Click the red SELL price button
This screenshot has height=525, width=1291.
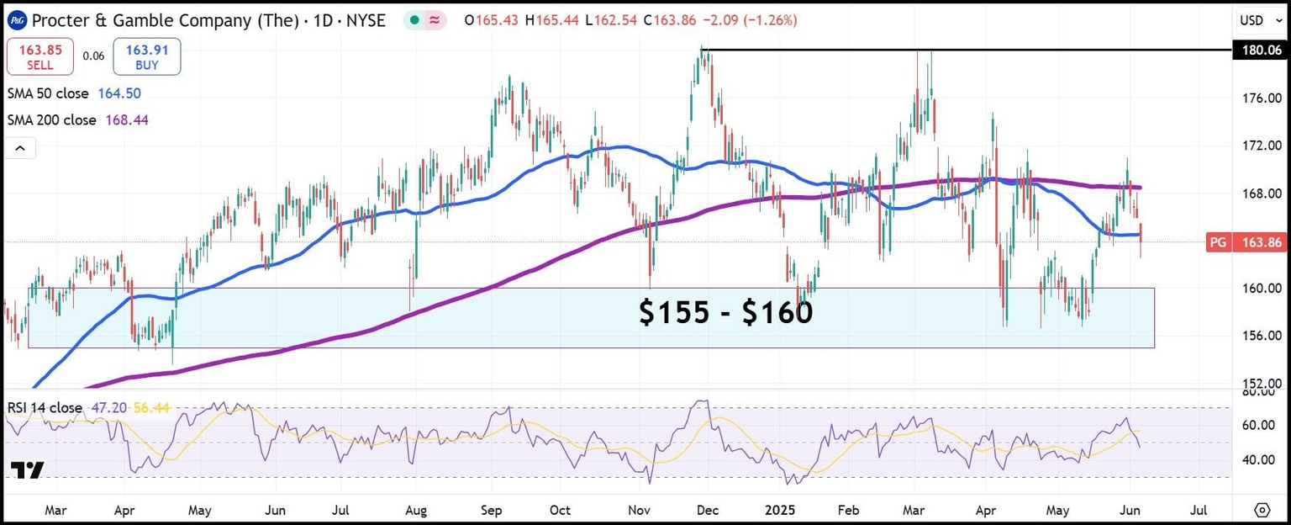point(40,56)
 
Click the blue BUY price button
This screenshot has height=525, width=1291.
point(147,56)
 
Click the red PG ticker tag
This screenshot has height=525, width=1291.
point(1216,242)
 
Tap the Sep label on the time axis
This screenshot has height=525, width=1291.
point(493,510)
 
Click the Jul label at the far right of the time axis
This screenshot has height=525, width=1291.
point(1199,510)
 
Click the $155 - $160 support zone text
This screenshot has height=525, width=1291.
point(725,313)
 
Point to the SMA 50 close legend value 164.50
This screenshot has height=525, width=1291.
point(119,94)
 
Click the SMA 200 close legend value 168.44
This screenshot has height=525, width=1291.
point(127,120)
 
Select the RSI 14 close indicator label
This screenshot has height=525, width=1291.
point(45,408)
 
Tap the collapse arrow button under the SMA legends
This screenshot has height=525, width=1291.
point(20,149)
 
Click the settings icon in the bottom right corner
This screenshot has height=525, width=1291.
point(1262,510)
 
